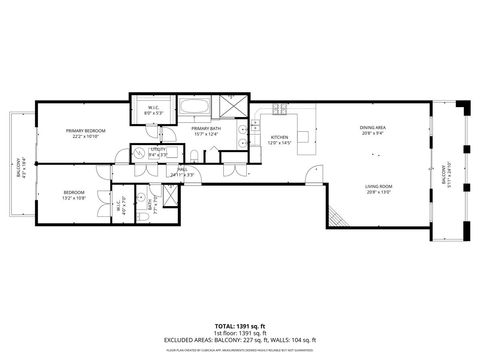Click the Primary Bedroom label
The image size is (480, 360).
pos(86,130)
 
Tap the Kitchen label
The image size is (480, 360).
pos(280,137)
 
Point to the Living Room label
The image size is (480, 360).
pos(377,187)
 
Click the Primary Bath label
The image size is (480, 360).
pos(206,129)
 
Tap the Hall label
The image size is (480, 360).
pos(183,169)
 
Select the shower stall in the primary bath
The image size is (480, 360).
pos(232,104)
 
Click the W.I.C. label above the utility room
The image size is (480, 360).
pos(154,108)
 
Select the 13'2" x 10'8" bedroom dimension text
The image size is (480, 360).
pos(74,198)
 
